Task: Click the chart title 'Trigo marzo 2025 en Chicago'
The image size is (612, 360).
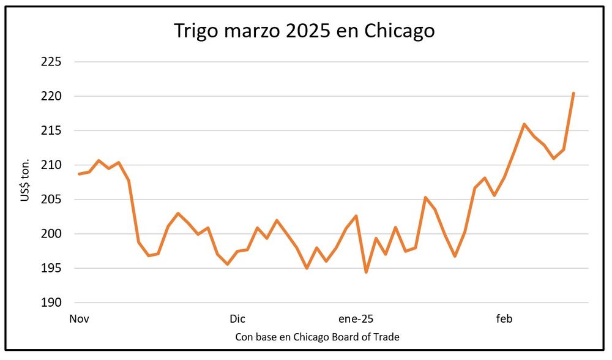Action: (x=304, y=31)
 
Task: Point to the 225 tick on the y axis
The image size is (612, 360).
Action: (x=51, y=62)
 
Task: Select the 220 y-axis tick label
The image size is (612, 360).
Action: (x=51, y=96)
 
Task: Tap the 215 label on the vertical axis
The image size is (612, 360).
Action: (x=51, y=130)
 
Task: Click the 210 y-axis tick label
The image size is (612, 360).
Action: (x=51, y=165)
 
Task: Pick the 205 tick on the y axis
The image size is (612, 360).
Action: (x=51, y=199)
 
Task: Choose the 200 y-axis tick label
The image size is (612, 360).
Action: (x=51, y=234)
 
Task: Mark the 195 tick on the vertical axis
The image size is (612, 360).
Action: (x=51, y=268)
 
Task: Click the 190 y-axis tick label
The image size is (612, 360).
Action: (x=51, y=302)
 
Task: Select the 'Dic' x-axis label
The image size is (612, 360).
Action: (x=237, y=319)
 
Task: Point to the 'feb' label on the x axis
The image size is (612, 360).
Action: (x=504, y=319)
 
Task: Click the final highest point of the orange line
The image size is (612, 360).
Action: (x=573, y=93)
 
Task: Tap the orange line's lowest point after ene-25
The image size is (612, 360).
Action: (x=366, y=272)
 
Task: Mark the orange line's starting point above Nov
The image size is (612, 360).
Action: (x=79, y=174)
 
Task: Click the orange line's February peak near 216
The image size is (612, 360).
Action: (x=524, y=124)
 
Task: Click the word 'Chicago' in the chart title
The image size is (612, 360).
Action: (x=400, y=31)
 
